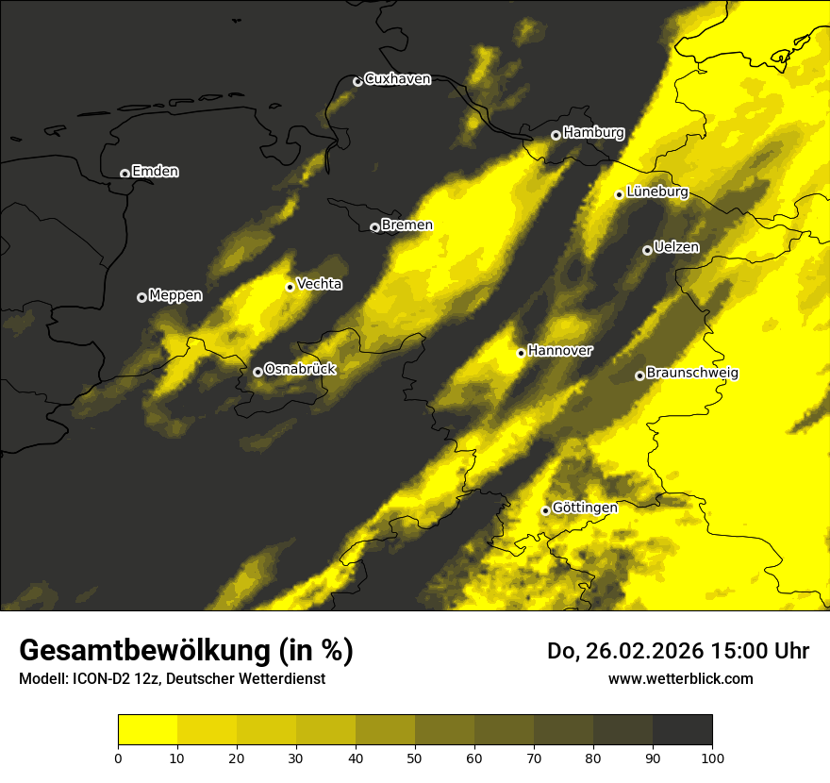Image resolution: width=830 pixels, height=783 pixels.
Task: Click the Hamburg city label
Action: [593, 133]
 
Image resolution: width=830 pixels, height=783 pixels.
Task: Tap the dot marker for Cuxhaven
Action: [357, 81]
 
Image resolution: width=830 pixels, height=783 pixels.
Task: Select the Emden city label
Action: [155, 172]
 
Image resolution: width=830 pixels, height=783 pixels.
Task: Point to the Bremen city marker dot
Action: [374, 227]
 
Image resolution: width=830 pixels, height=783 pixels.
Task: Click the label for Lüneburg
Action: [656, 192]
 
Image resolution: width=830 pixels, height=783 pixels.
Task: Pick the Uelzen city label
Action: [676, 248]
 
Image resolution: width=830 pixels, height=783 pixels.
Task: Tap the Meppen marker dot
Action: [141, 297]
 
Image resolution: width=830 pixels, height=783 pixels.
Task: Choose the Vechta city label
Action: [319, 284]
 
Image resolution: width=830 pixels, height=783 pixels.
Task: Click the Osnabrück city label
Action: [300, 369]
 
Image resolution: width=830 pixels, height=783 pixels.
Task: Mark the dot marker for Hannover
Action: [521, 353]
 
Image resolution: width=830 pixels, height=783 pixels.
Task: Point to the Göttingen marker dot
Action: [545, 510]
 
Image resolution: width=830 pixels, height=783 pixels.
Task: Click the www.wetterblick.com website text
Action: [681, 678]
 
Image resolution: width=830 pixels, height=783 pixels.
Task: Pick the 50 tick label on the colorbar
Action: [415, 757]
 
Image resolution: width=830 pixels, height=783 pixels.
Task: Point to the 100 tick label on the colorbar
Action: [712, 757]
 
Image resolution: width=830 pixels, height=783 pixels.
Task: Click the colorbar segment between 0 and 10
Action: [147, 730]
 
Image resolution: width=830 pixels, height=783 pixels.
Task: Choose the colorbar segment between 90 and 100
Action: [682, 730]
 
